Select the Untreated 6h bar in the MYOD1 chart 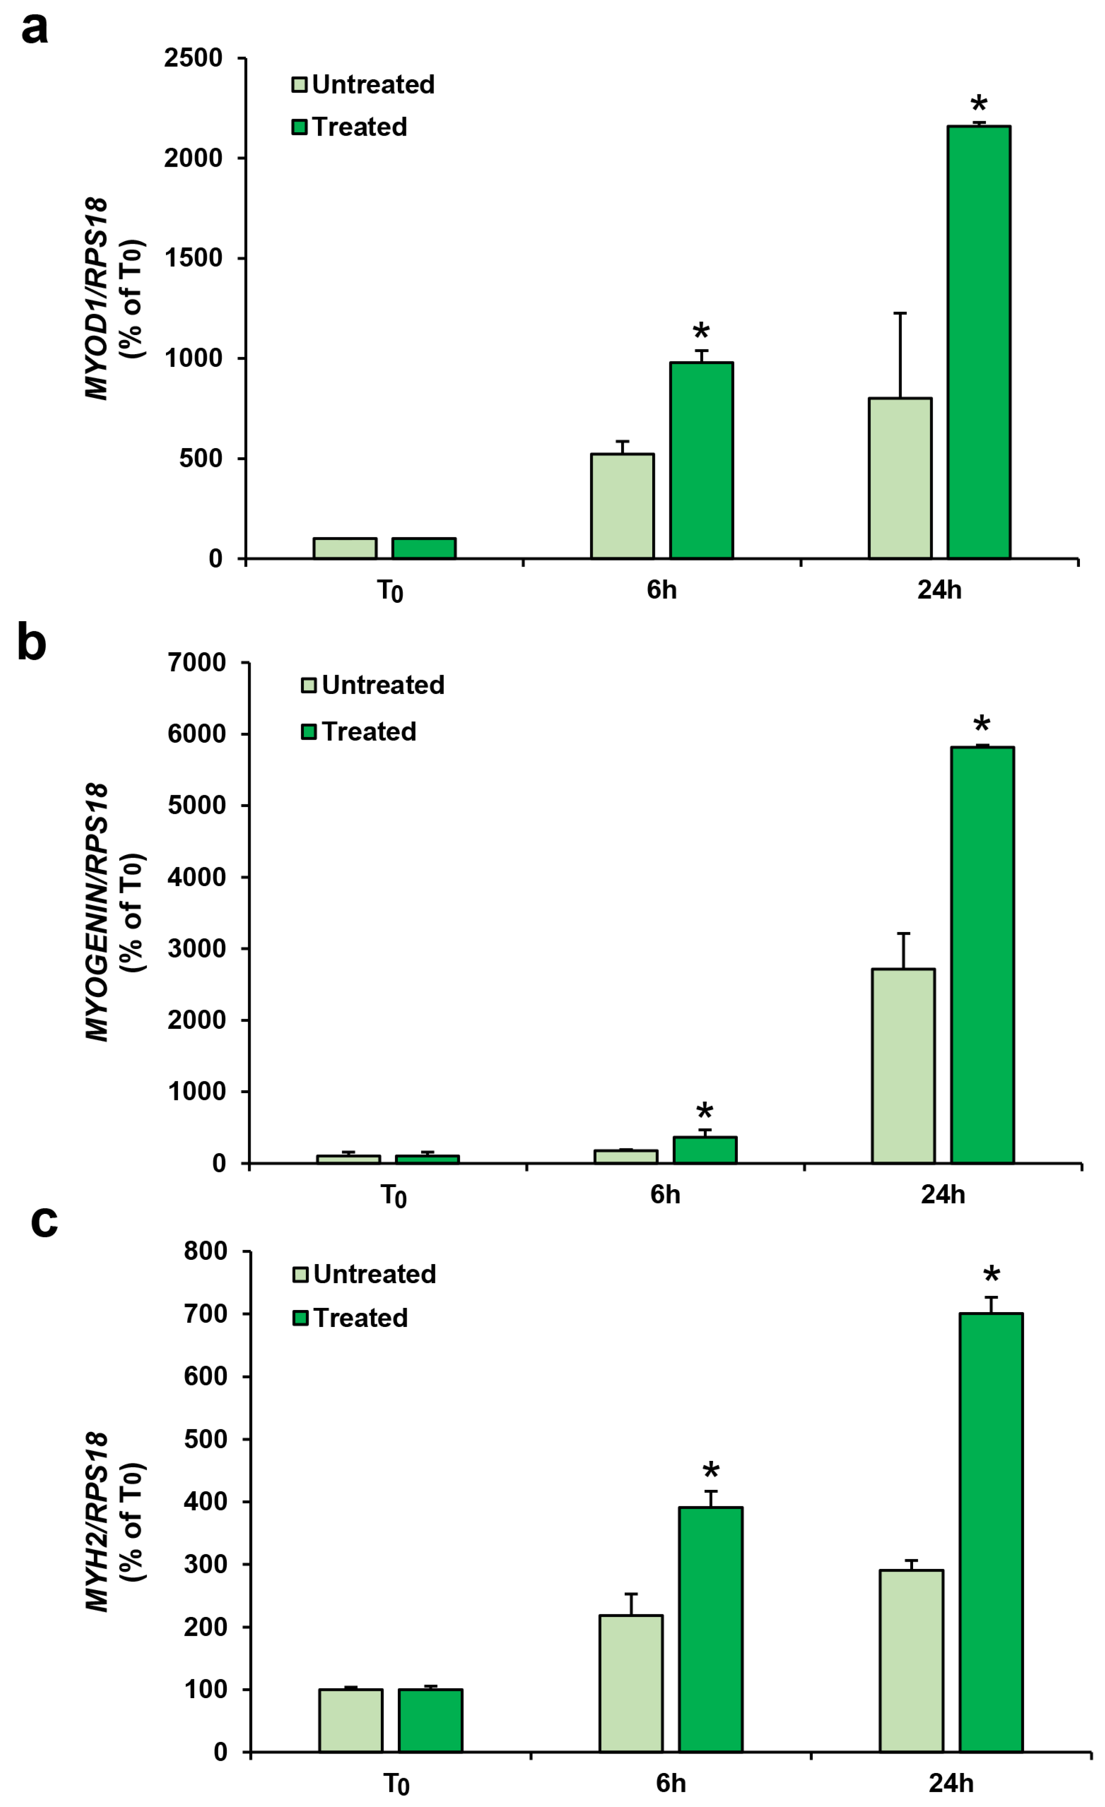pyautogui.click(x=622, y=506)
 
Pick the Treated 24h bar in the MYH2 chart pyautogui.click(x=991, y=1533)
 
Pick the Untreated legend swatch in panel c pyautogui.click(x=300, y=1275)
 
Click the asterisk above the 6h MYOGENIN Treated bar pyautogui.click(x=704, y=1111)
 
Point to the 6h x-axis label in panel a pyautogui.click(x=661, y=590)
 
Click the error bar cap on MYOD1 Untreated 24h pyautogui.click(x=900, y=313)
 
